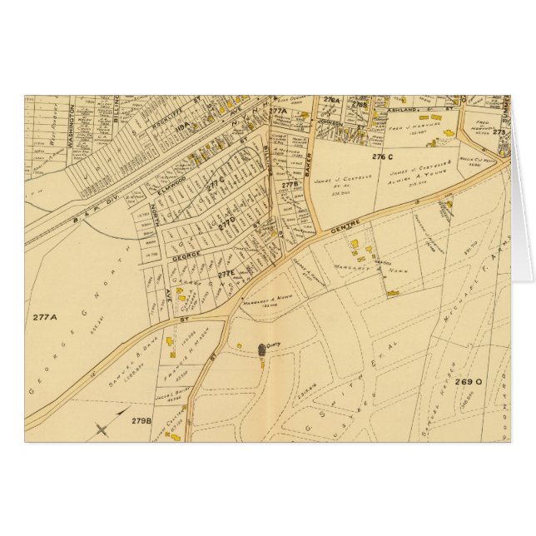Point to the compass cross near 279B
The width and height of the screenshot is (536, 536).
tap(102, 429)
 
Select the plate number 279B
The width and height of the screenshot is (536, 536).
tap(140, 421)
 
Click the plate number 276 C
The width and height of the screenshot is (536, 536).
tap(383, 156)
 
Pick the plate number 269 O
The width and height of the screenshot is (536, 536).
tap(469, 382)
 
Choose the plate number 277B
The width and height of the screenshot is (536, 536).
tap(290, 185)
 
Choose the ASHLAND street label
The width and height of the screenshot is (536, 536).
tap(390, 108)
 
